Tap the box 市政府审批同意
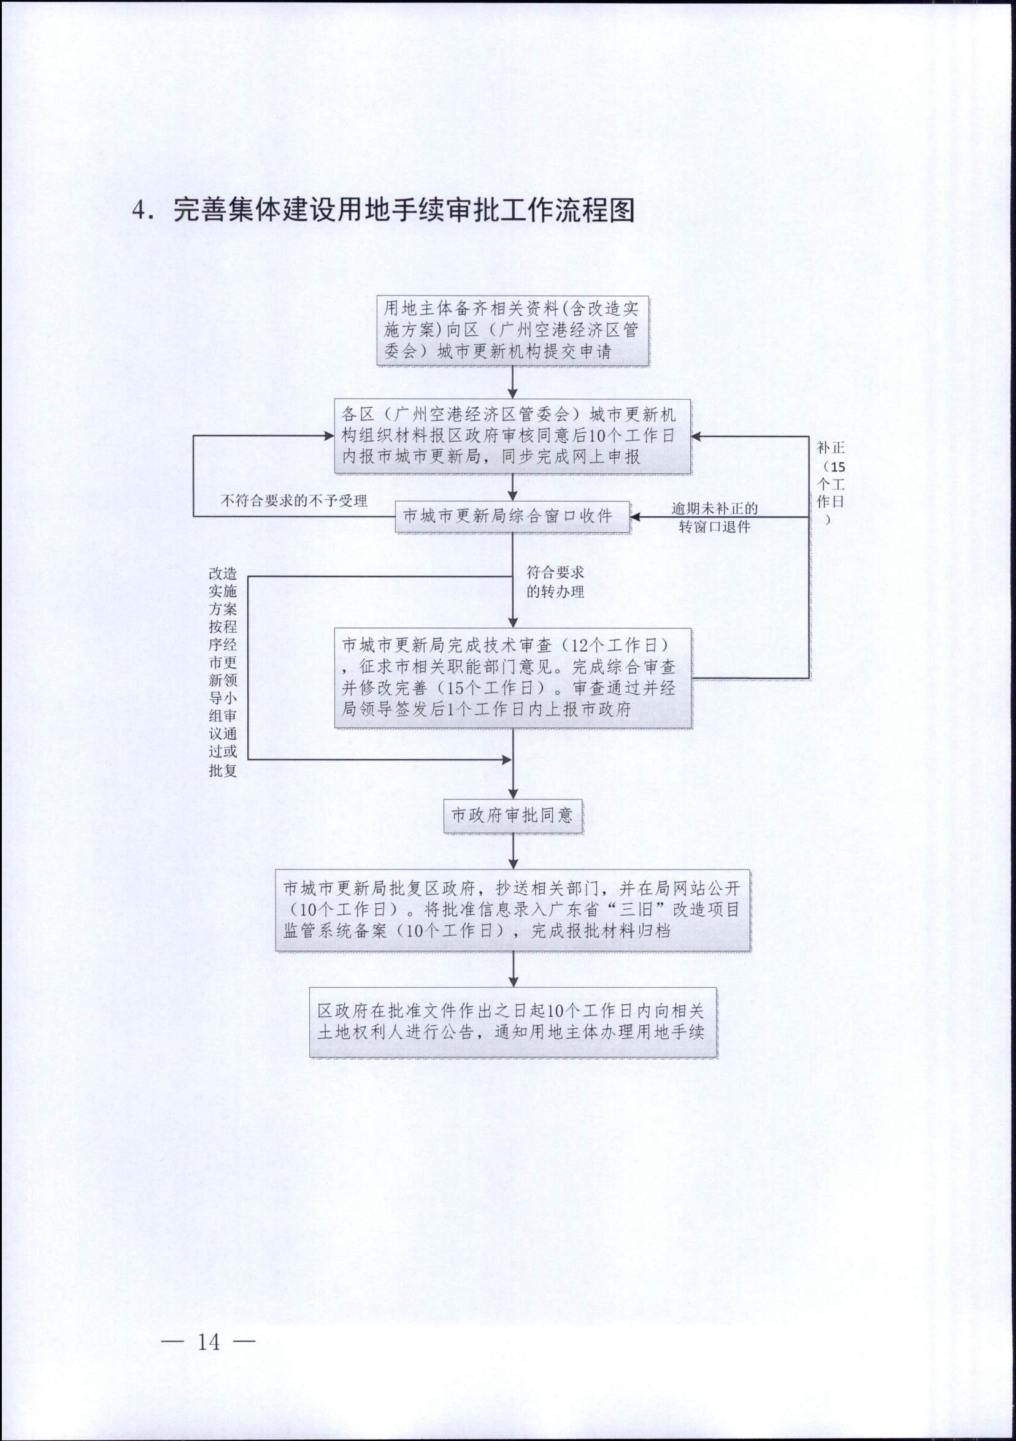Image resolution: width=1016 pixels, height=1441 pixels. coord(513,816)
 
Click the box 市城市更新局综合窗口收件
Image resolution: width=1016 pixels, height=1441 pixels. coord(512,516)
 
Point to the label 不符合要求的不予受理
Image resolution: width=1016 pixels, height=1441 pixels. coord(294,500)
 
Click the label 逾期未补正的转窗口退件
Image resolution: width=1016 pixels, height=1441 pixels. coord(715,517)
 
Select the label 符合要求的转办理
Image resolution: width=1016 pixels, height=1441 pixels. coord(555,582)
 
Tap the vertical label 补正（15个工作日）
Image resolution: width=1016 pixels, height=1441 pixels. coord(830,483)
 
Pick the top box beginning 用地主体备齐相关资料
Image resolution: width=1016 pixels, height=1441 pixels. coord(513,331)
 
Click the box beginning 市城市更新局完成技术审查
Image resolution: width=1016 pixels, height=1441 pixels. coord(513,678)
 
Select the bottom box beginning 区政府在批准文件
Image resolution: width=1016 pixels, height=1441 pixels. coord(513,1022)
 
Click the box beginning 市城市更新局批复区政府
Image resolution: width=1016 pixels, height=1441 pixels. coord(513,910)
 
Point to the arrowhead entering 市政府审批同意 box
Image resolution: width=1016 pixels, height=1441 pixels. coord(513,794)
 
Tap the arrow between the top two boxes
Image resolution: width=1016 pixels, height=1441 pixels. coord(513,382)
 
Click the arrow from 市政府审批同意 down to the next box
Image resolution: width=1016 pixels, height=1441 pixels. coord(513,852)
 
